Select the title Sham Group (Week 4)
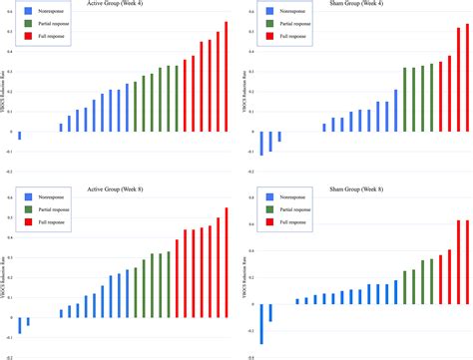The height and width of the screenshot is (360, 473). coord(362,6)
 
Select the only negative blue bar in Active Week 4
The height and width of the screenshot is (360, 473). coord(20,135)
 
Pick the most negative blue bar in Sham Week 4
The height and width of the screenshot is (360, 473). coord(262,143)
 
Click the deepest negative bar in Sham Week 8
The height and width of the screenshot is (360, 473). coord(262,327)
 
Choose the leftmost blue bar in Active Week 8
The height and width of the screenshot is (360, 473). coord(20,325)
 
